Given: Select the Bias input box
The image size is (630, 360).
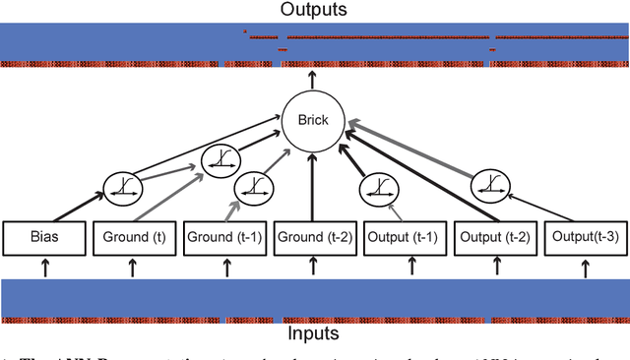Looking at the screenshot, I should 43,236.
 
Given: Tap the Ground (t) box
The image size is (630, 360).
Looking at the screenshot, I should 133,236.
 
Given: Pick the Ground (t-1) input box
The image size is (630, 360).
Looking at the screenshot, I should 223,236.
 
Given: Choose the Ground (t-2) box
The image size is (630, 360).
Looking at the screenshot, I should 314,236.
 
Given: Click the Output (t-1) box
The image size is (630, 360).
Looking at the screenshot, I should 404,236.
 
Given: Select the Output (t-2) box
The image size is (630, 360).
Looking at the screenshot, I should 493,236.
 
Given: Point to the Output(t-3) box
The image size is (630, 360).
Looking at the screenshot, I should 583,236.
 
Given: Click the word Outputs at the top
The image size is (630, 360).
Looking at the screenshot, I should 314,10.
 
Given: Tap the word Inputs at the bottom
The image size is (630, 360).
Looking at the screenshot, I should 314,334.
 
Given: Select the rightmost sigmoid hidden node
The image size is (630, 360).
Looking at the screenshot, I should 489,184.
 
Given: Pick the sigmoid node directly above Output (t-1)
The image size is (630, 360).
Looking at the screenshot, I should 378,187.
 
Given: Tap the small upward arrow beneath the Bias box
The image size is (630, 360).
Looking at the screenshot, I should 43,267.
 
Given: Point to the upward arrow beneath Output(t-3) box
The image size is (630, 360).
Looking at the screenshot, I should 583,267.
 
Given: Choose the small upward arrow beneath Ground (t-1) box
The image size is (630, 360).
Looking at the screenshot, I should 223,267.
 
